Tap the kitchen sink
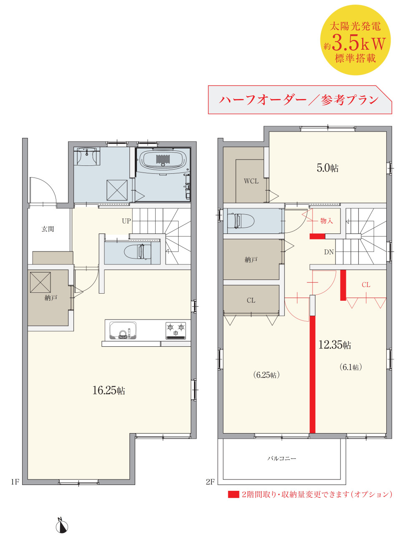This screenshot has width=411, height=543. click(123, 330)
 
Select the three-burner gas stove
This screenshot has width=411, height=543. click(176, 330)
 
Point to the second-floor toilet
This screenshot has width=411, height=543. click(241, 221)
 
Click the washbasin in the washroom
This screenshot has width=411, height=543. click(86, 156)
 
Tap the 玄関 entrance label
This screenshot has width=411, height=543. click(48, 229)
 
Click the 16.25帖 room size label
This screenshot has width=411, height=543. click(109, 391)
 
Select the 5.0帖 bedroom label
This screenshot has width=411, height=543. click(328, 168)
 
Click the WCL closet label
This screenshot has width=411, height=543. click(251, 181)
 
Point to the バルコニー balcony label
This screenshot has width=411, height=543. click(282, 458)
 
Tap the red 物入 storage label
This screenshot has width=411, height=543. click(326, 221)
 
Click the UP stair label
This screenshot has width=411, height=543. click(126, 221)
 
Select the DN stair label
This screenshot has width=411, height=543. click(329, 252)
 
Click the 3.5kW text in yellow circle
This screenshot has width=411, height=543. click(358, 43)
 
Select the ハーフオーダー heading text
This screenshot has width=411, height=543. click(262, 100)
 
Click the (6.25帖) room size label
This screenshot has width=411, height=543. click(266, 375)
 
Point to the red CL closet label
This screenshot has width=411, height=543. click(366, 285)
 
